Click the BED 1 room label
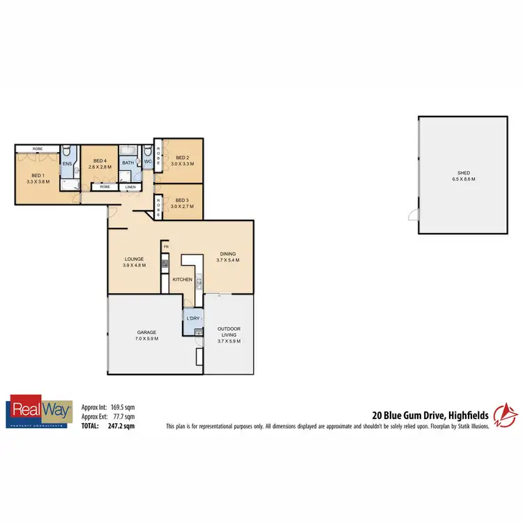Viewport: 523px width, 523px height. click(x=37, y=176)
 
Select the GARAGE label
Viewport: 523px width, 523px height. click(x=146, y=332)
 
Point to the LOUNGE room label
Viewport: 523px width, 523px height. click(x=134, y=259)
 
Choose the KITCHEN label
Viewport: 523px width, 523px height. click(x=183, y=280)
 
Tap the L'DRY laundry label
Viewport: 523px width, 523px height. click(x=193, y=318)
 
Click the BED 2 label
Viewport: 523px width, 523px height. click(x=183, y=158)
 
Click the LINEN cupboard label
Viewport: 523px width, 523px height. click(x=130, y=187)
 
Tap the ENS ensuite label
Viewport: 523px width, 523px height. click(x=68, y=165)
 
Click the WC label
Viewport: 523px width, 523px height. click(x=148, y=162)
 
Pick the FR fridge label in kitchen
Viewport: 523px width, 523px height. click(x=166, y=247)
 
